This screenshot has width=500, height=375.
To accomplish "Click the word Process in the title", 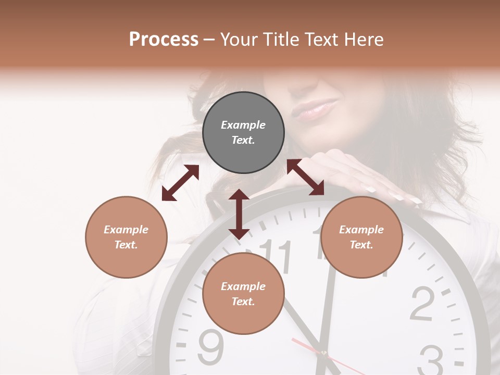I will coord(164,40).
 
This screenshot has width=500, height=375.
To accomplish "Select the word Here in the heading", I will coord(364,40).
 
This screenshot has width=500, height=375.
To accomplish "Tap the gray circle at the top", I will coord(243,133).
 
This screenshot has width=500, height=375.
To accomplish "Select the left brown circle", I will coord(126,237).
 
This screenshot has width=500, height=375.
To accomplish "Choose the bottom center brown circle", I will coord(243,294).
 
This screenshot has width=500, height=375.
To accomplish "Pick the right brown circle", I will coord(361,237).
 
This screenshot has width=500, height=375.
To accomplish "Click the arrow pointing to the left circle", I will coord(180,183).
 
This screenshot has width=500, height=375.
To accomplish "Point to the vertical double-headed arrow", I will coord(239,214).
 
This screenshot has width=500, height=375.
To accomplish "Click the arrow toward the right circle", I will coord(306,177).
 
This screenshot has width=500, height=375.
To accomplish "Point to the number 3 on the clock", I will coord(432,359).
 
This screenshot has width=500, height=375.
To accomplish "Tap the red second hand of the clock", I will coord(305,346).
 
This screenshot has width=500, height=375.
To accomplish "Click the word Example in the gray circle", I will coord(243,125).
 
